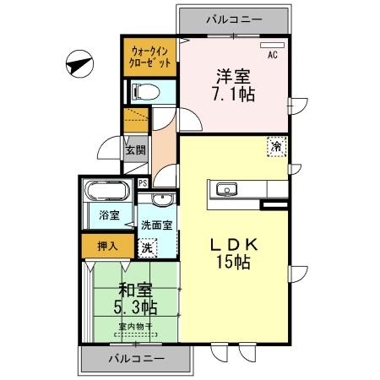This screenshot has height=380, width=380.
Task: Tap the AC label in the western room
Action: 272,56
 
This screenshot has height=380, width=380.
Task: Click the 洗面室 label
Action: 156,225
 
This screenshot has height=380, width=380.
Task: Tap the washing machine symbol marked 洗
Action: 147,248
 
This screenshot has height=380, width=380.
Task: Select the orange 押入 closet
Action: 106,246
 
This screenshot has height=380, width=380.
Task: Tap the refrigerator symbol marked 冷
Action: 276,146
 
